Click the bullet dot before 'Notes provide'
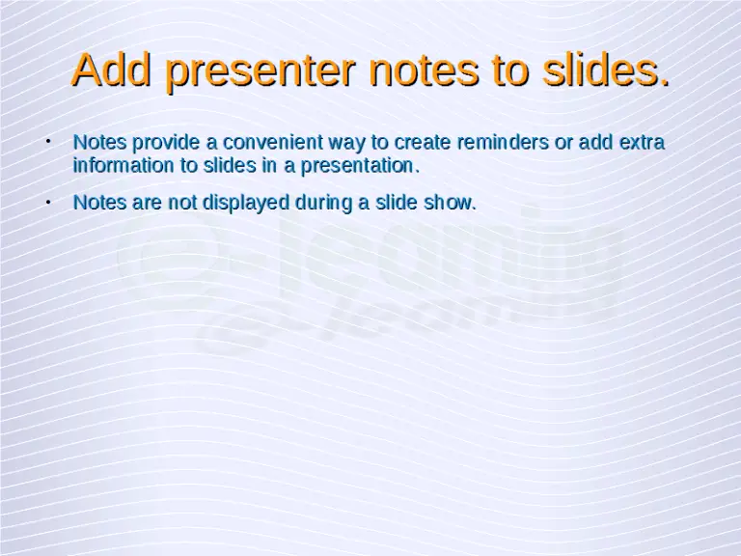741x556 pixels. coord(47,143)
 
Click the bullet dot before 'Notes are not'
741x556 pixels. coord(47,203)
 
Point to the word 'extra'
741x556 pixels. coord(642,143)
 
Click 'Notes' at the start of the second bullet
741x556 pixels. coord(97,203)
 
